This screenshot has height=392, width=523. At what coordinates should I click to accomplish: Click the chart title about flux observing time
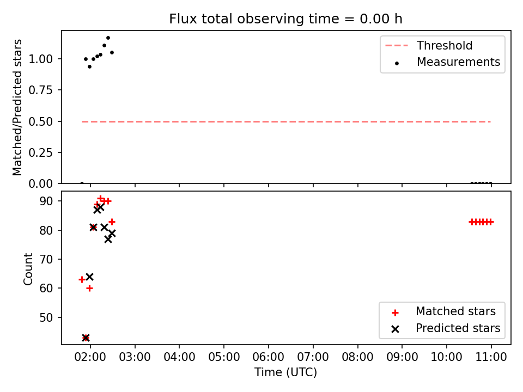coord(285,19)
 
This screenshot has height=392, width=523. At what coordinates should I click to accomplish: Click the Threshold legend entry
coord(429,45)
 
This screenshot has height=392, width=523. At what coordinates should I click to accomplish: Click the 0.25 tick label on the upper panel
coord(41,152)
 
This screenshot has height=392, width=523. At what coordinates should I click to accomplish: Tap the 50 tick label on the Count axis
coord(46,317)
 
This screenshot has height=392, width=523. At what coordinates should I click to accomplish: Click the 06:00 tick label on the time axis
coord(269,357)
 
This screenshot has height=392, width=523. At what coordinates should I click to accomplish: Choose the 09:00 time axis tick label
coord(402,357)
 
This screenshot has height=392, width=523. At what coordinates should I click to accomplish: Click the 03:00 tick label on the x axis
coord(135,357)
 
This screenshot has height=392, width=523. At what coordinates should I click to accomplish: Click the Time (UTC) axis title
coord(286,372)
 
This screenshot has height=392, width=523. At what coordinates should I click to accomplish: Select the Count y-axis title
coord(28,268)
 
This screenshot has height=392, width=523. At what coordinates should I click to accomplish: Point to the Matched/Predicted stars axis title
coord(17,107)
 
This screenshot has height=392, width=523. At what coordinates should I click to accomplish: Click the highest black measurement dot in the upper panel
coord(108,38)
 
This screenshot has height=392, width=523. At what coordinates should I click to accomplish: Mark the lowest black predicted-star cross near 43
coord(86,338)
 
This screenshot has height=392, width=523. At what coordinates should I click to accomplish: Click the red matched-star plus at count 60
coord(89,289)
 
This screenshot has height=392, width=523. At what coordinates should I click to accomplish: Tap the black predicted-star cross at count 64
coord(89,277)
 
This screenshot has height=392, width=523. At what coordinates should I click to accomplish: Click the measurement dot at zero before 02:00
coord(82,183)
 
